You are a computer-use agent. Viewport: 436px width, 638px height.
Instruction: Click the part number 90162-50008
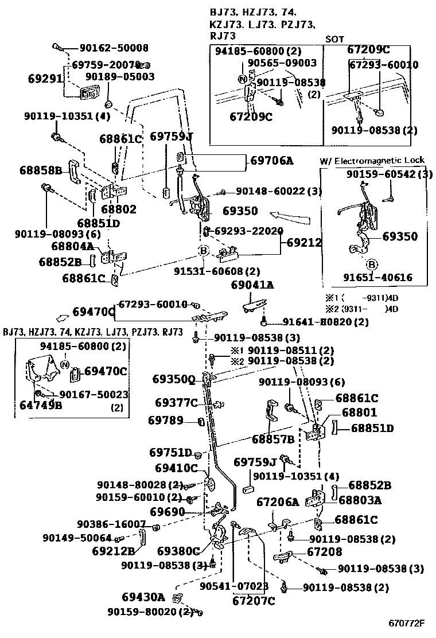(114, 48)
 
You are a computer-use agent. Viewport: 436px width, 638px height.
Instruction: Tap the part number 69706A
(271, 161)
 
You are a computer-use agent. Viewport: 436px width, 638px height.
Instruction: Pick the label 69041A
(252, 285)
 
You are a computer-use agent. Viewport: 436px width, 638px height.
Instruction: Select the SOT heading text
(335, 40)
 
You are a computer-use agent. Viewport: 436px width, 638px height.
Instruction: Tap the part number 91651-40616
(377, 278)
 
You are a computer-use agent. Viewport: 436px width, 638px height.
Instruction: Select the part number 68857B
(272, 439)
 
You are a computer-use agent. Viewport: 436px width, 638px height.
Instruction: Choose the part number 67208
(324, 552)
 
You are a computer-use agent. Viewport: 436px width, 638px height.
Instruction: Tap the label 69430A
(143, 597)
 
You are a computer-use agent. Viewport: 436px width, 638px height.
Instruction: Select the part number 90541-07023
(234, 586)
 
